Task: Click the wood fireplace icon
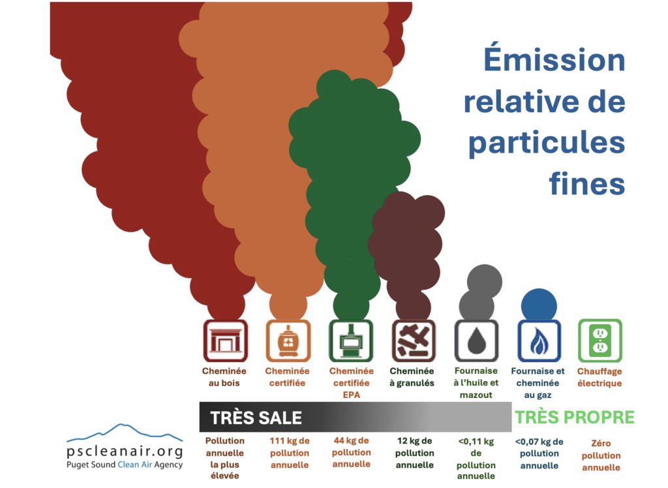[x=225, y=341]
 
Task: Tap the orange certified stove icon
[x=288, y=341]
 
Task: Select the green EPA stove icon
[x=351, y=341]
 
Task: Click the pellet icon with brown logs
[x=414, y=341]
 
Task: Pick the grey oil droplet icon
[x=476, y=341]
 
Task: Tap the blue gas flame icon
[x=539, y=341]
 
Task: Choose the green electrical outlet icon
[x=600, y=341]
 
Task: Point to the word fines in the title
[x=587, y=183]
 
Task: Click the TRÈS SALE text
[x=256, y=418]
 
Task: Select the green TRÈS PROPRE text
[x=575, y=418]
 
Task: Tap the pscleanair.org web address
[x=125, y=451]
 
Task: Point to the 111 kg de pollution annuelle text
[x=290, y=453]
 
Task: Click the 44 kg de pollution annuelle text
[x=352, y=452]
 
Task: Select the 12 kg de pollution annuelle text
[x=414, y=453]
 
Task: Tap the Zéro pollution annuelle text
[x=601, y=455]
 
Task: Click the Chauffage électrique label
[x=600, y=377]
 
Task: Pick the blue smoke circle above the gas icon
[x=539, y=305]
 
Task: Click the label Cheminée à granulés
[x=412, y=376]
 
